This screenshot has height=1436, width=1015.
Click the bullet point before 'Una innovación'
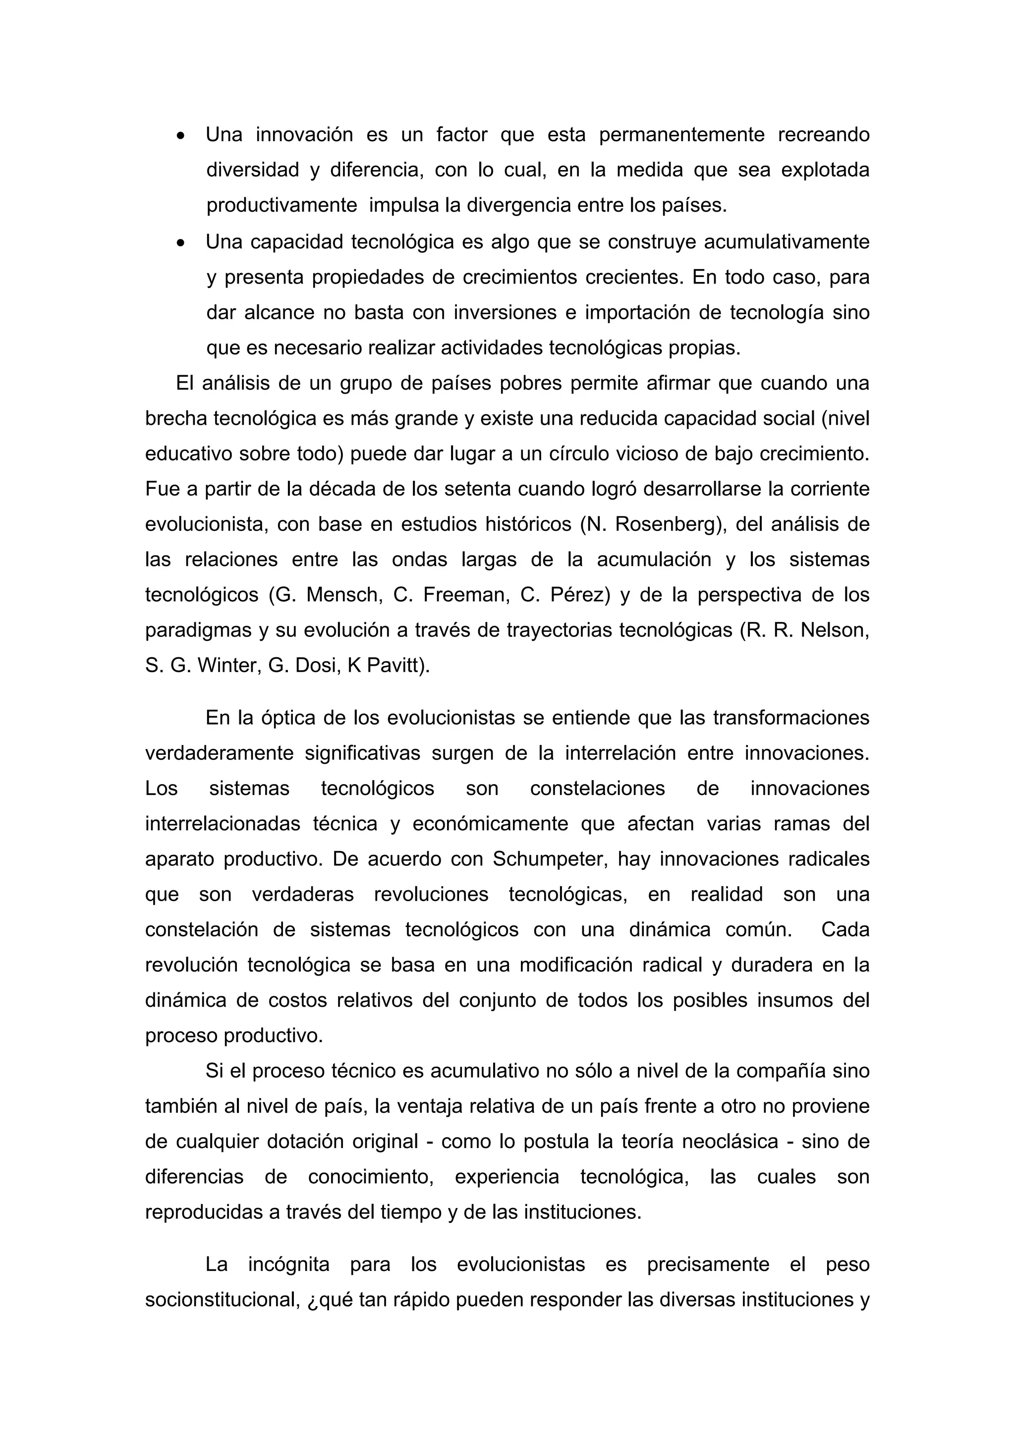pyautogui.click(x=181, y=136)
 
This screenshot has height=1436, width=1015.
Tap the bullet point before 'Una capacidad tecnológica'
pyautogui.click(x=181, y=243)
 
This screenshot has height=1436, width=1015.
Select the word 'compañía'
pyautogui.click(x=777, y=1071)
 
